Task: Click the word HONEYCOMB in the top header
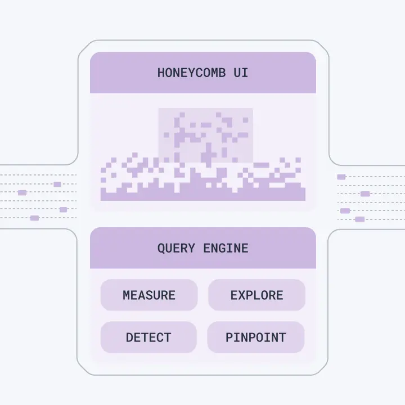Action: click(191, 73)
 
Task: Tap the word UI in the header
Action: click(241, 73)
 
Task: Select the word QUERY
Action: click(176, 249)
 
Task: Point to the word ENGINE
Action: click(226, 249)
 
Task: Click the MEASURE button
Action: click(149, 295)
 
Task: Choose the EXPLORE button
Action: click(256, 295)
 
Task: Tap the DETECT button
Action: click(148, 337)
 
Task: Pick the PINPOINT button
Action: click(256, 337)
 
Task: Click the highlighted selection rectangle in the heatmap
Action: click(206, 136)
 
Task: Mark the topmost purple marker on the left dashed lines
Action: click(57, 184)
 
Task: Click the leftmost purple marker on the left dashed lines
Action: click(22, 193)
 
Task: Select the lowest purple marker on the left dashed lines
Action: click(35, 218)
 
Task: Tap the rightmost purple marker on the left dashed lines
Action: click(63, 209)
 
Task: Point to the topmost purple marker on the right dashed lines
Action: click(341, 177)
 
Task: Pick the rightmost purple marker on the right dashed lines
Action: click(365, 193)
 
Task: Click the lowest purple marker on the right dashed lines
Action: click(360, 219)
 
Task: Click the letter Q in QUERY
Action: click(161, 249)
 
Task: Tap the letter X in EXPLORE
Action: click(241, 295)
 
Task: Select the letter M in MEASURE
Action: click(126, 295)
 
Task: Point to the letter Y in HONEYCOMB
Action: click(188, 73)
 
